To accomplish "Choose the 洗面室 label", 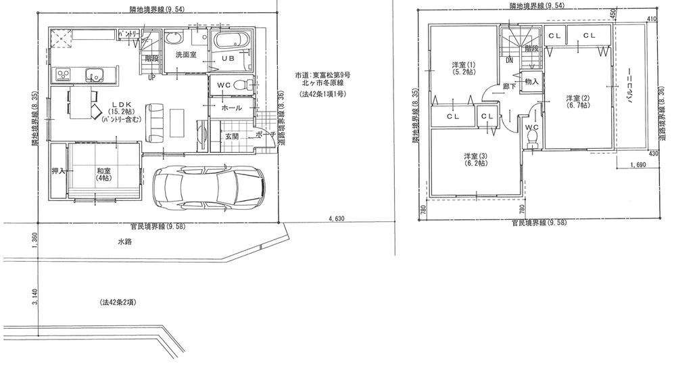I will [x=185, y=54].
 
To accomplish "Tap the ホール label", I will [x=231, y=107].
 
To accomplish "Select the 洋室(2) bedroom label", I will [x=577, y=102].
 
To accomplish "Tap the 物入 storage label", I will [x=531, y=82].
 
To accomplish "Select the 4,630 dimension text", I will [x=337, y=218].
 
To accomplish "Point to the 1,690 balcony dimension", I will [x=638, y=165].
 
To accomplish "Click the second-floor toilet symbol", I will [x=531, y=138].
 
